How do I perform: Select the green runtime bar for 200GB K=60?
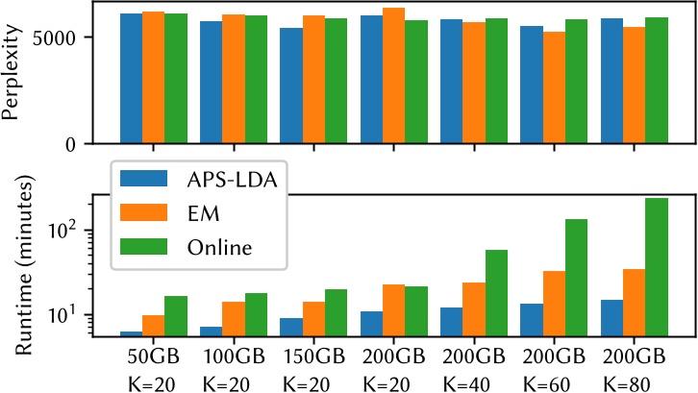576,278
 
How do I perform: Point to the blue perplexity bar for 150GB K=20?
291,86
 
